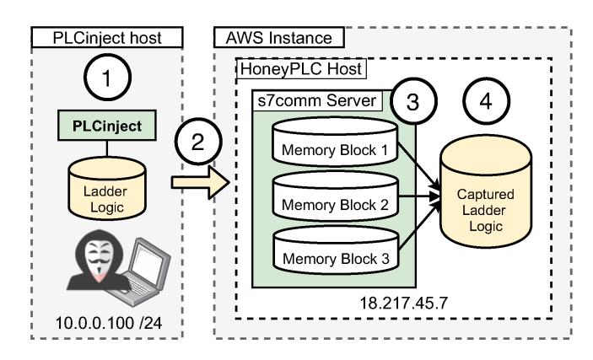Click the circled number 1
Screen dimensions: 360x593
click(x=118, y=80)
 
